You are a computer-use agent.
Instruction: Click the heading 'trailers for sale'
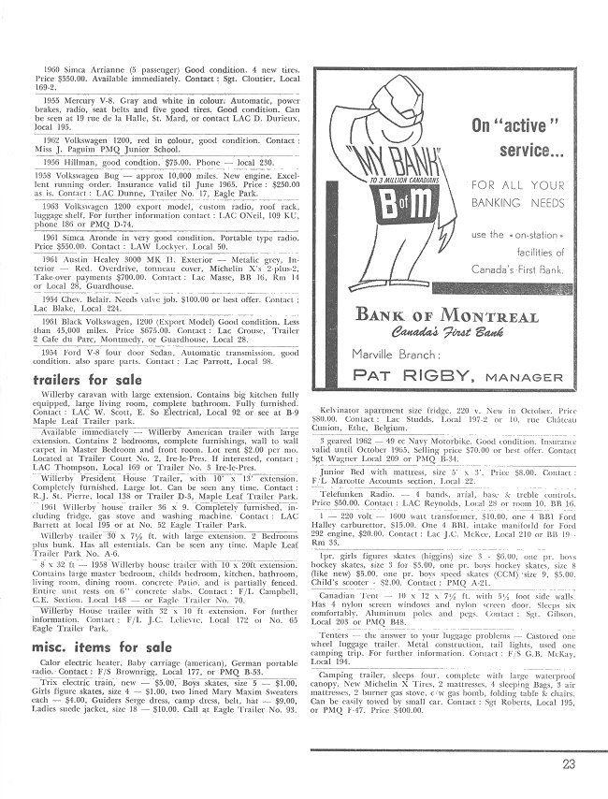tap(88, 380)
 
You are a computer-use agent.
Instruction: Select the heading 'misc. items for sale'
tap(101, 646)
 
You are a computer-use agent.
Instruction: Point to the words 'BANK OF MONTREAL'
tap(446, 315)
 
